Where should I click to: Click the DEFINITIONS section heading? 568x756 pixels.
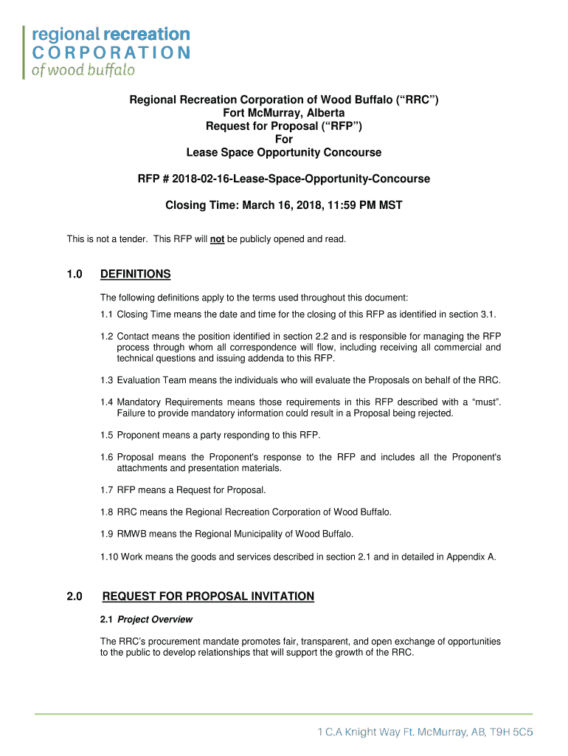(136, 275)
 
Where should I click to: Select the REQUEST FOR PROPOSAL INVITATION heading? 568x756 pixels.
(208, 597)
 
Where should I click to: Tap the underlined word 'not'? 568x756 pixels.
(217, 239)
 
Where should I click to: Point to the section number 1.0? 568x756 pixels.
(74, 275)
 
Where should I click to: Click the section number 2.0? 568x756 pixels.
(74, 597)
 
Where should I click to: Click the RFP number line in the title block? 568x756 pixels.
(284, 179)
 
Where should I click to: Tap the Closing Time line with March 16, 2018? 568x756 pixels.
(284, 205)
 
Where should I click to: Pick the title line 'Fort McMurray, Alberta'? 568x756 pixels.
(284, 113)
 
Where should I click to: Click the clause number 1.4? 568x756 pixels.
(107, 402)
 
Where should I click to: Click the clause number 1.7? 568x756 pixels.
(107, 489)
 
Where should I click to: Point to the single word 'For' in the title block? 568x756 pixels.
(284, 140)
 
